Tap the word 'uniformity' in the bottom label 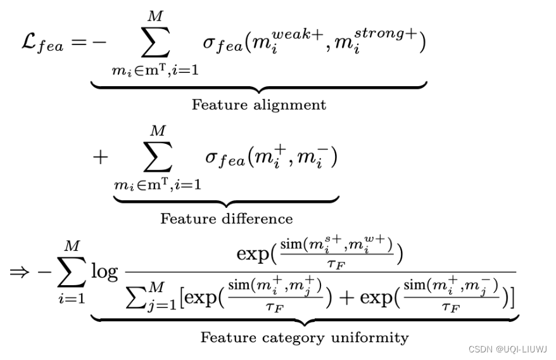[373, 337]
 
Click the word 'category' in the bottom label [296, 337]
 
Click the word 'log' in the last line [104, 272]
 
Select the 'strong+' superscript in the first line [387, 33]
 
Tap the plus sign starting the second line [100, 157]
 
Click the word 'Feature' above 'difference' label [184, 219]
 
